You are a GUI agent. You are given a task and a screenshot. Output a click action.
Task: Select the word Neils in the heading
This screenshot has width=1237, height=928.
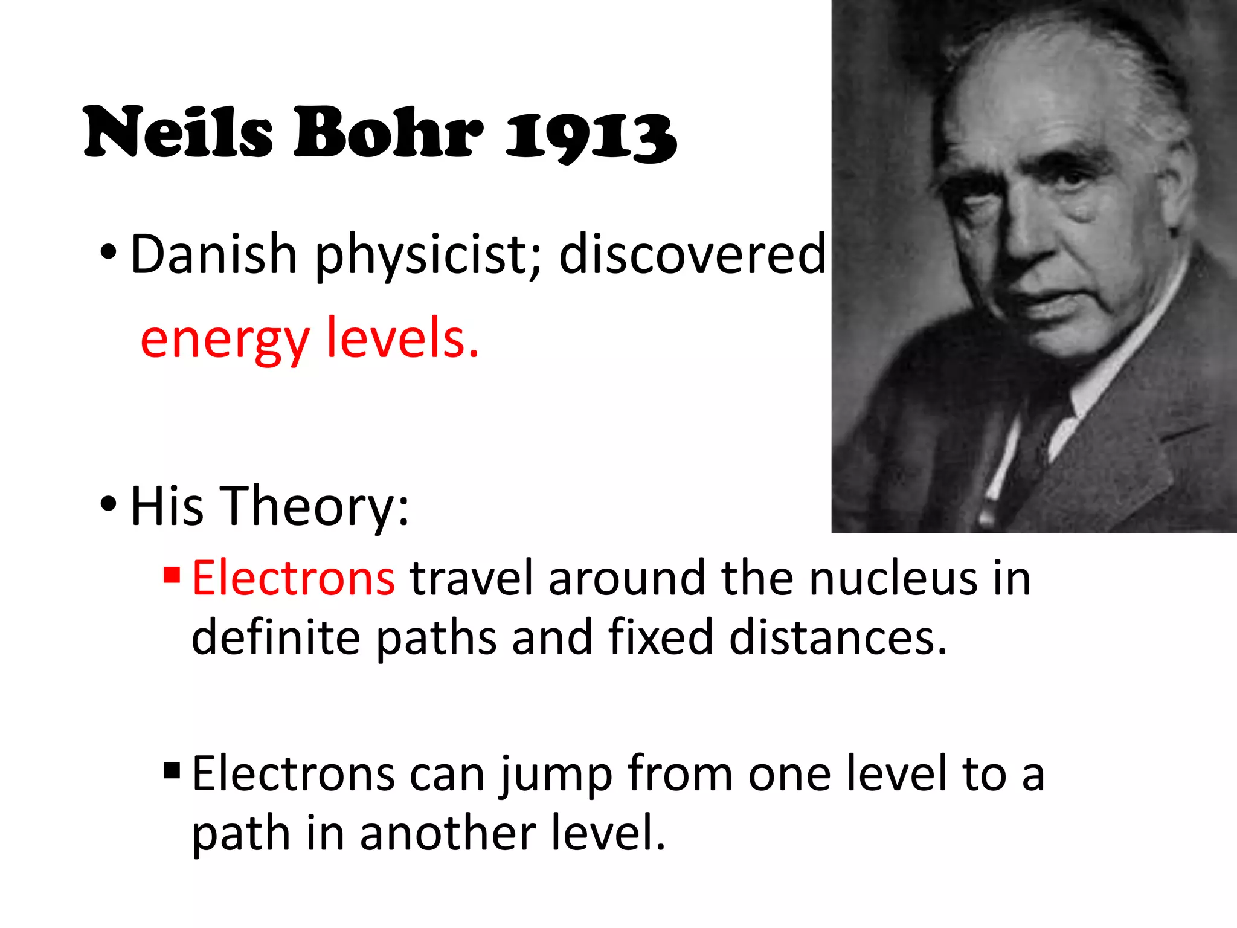178,132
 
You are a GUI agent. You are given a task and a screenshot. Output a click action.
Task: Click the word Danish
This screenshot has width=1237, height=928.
213,254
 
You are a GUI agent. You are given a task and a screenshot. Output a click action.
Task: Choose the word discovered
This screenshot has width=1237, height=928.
692,254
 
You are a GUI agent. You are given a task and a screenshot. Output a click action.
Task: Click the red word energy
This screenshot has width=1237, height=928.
224,340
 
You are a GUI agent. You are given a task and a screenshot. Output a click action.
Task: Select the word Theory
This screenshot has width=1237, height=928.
314,506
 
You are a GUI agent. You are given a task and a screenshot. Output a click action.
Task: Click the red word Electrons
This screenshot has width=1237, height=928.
294,578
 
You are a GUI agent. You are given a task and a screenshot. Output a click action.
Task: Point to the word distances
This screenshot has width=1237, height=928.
838,637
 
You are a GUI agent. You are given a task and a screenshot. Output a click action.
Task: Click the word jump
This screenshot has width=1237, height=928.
556,775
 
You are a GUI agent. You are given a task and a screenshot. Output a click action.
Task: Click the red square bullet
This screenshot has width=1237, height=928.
172,574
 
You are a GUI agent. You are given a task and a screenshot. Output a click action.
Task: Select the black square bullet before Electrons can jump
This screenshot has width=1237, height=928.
172,770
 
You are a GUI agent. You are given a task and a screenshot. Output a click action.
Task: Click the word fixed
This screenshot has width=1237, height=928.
661,637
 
